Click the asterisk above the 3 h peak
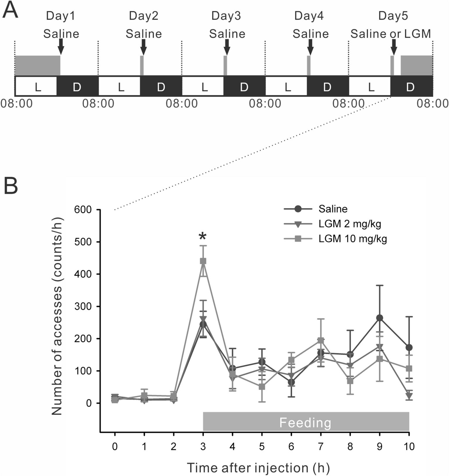(x=203, y=236)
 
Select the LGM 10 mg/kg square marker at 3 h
(x=203, y=261)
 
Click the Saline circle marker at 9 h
(x=380, y=318)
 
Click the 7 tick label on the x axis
(x=321, y=446)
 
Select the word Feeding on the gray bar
(x=305, y=423)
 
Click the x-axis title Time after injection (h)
(x=258, y=468)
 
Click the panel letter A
(x=11, y=10)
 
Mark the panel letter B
(x=11, y=187)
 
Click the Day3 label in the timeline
(x=226, y=16)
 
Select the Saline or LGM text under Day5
(x=390, y=34)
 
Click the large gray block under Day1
(x=37, y=65)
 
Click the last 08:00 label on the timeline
(x=432, y=103)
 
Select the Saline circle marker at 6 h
(x=291, y=382)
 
